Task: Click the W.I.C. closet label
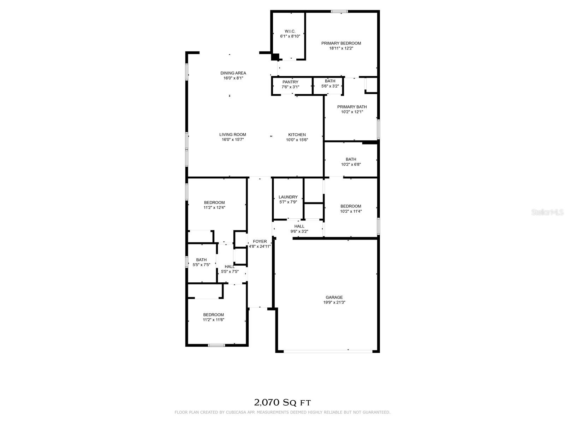click(x=290, y=31)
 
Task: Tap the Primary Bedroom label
click(x=341, y=43)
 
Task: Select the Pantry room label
click(x=290, y=82)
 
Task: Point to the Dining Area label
click(x=233, y=73)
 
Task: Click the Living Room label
click(x=232, y=134)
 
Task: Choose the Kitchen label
click(x=297, y=135)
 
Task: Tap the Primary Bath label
click(x=352, y=107)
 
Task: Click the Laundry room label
click(x=288, y=197)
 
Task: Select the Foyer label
click(x=260, y=241)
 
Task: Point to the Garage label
click(x=334, y=298)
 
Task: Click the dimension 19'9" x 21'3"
click(x=334, y=302)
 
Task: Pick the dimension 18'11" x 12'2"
click(x=341, y=48)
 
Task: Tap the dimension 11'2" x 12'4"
click(x=214, y=207)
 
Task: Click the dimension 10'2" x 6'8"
click(x=351, y=165)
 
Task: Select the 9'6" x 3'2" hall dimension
click(x=299, y=231)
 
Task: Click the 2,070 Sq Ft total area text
click(x=282, y=402)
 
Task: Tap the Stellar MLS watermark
click(x=547, y=212)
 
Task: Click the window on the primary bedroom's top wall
click(x=339, y=11)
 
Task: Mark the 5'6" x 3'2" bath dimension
click(x=330, y=86)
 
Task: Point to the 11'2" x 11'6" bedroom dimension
click(x=213, y=320)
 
